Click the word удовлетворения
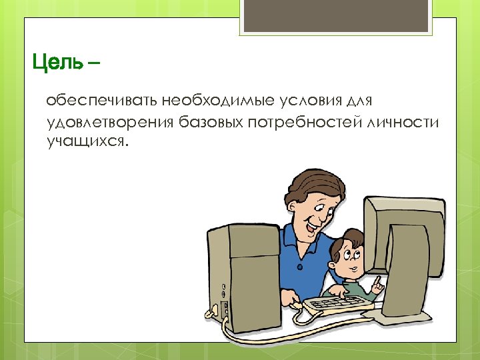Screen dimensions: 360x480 point(110,123)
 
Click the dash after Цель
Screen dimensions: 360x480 point(94,64)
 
